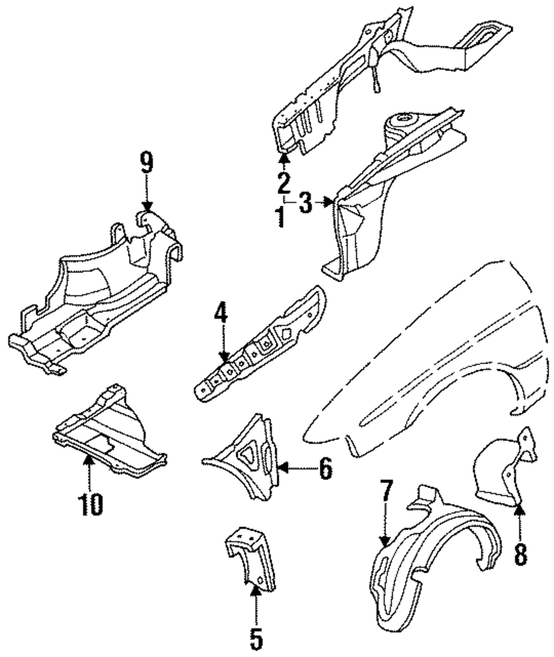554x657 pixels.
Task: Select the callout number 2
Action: (x=284, y=182)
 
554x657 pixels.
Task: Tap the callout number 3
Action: (x=306, y=203)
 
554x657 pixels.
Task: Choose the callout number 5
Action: (x=255, y=639)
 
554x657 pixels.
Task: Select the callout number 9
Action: (x=146, y=163)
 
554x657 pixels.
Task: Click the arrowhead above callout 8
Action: (x=520, y=508)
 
